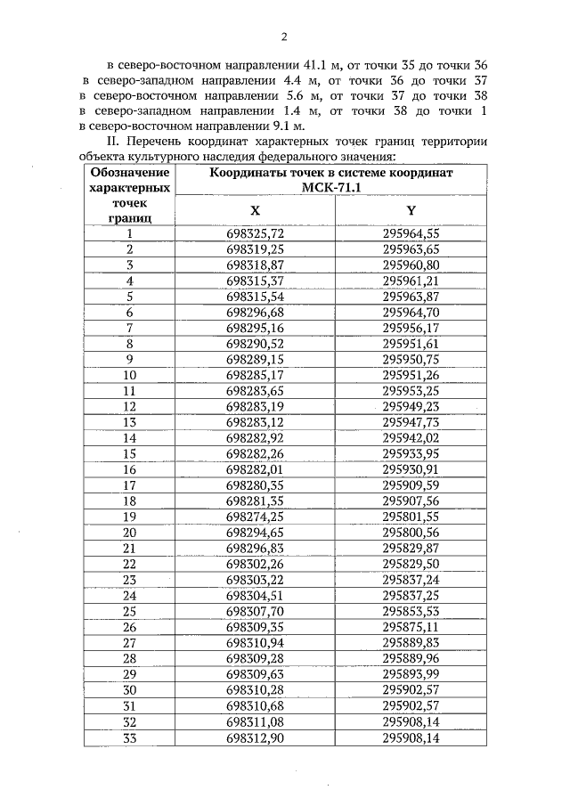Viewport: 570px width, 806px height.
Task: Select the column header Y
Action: pos(411,210)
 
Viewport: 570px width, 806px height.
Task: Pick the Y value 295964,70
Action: pos(411,312)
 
